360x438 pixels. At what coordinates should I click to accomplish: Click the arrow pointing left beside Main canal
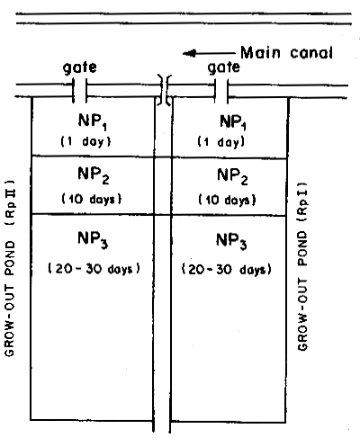click(x=203, y=53)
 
